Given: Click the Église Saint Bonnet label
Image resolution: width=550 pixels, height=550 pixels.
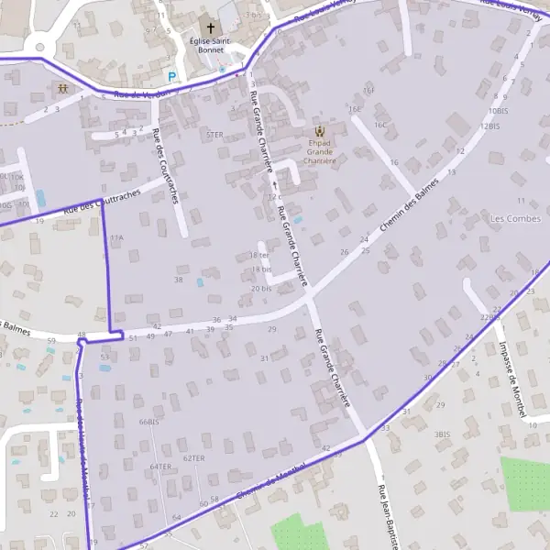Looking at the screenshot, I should (210, 46).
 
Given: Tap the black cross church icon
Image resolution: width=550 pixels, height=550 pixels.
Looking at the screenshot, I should (210, 28).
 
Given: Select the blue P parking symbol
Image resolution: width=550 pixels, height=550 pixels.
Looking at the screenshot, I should (170, 77).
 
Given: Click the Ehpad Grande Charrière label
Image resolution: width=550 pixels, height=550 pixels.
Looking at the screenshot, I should (319, 151).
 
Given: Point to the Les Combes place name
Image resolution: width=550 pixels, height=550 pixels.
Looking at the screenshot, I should (516, 218).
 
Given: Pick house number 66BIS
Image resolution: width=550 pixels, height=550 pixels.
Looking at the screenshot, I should (148, 422).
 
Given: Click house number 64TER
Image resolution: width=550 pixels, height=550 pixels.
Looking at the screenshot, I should (160, 467).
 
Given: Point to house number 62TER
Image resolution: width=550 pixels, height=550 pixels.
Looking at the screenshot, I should (193, 457).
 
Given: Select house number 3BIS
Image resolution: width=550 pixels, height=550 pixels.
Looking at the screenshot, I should (442, 434).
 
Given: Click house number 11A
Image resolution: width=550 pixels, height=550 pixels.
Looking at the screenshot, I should (116, 237).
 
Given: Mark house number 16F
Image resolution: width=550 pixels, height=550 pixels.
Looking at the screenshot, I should (368, 91).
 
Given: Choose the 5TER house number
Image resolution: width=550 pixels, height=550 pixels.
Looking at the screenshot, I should (214, 135).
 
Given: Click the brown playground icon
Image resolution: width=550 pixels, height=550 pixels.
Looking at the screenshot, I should (62, 89).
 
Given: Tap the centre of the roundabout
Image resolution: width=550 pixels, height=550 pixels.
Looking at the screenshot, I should (39, 43).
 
